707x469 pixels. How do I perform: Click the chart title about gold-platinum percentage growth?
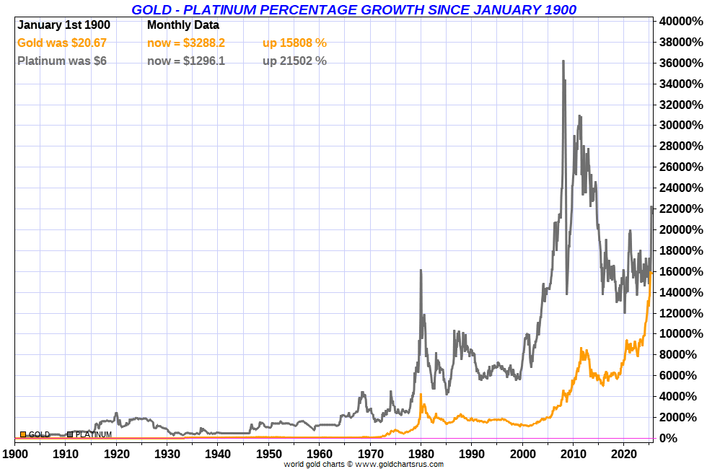click(353, 9)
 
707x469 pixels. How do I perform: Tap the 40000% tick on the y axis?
click(680, 22)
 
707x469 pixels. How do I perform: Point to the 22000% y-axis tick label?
click(680, 209)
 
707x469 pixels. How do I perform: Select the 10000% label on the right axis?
click(680, 334)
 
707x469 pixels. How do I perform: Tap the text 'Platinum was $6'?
click(62, 61)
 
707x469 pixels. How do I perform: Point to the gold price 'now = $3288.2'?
click(186, 43)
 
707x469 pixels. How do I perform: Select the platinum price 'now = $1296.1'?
click(186, 61)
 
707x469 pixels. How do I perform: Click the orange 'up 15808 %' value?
click(294, 43)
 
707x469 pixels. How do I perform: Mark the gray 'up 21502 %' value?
click(294, 61)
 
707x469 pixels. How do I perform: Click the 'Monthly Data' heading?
click(183, 25)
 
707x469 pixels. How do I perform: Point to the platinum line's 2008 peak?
click(563, 62)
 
